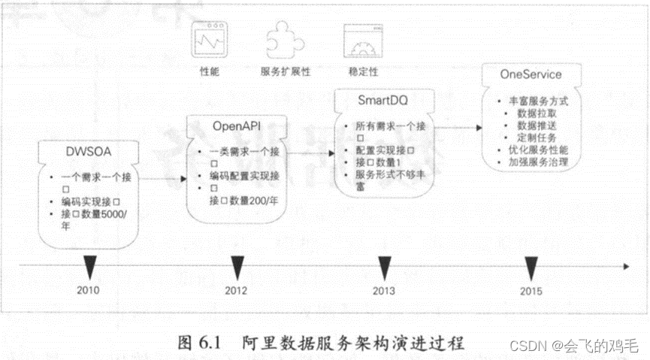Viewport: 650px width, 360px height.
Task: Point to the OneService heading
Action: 531,74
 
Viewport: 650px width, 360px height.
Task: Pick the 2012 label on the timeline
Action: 237,290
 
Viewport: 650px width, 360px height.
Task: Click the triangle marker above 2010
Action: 89,265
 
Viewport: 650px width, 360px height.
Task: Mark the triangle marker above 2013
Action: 385,265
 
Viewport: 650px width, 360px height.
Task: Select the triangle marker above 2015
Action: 532,265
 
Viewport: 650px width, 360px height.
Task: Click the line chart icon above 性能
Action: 210,39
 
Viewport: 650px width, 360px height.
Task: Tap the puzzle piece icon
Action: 285,39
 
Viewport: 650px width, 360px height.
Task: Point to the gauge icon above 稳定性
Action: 359,39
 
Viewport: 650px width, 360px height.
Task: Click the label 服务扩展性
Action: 286,71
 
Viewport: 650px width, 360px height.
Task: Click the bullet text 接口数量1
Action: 383,162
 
